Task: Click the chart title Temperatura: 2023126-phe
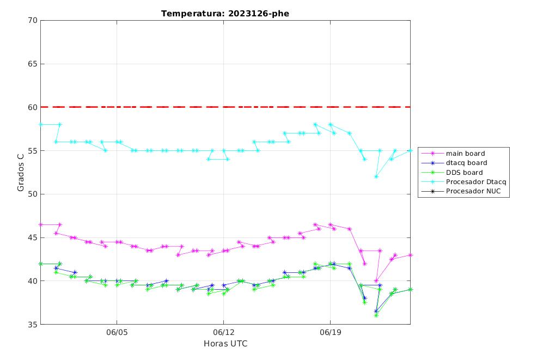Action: click(x=225, y=14)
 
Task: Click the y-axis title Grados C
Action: click(x=21, y=172)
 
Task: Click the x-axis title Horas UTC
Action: click(x=225, y=344)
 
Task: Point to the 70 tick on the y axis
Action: click(x=33, y=20)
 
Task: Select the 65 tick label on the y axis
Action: click(x=33, y=64)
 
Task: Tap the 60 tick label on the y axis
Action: click(x=33, y=107)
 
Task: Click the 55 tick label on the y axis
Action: click(x=33, y=150)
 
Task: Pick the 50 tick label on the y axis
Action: click(x=33, y=194)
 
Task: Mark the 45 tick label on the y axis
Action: click(x=33, y=237)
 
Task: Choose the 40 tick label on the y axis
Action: click(x=33, y=281)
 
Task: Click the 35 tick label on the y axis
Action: click(x=33, y=324)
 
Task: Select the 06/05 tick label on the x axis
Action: click(x=117, y=332)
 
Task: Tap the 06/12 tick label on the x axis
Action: click(x=223, y=332)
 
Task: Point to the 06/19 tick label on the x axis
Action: click(x=330, y=332)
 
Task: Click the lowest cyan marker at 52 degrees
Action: click(x=376, y=176)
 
